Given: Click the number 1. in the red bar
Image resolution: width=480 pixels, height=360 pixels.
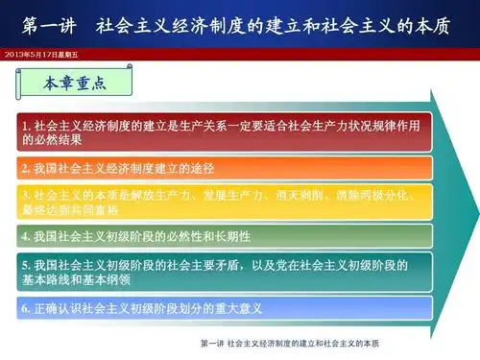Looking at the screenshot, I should coord(27,125).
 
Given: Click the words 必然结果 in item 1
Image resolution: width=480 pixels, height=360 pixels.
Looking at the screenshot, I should coord(43,139).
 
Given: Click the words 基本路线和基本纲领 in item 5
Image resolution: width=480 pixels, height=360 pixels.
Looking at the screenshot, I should coord(62,279).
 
